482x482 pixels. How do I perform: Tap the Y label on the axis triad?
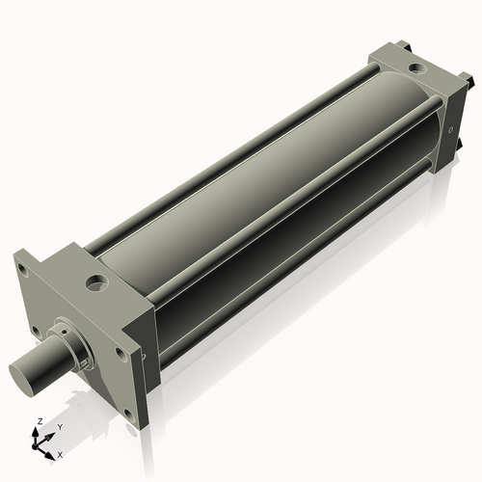(x=60, y=426)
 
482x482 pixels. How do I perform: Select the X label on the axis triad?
(x=60, y=453)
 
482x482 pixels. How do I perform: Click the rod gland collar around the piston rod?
(x=69, y=339)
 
